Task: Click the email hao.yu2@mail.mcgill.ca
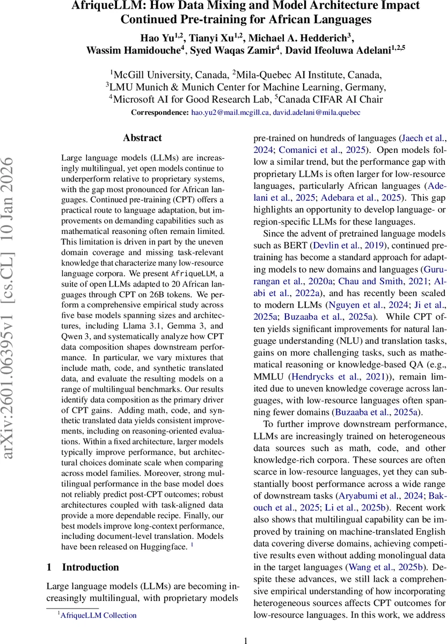click(229, 113)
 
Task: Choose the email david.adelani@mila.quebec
click(316, 113)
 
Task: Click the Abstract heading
click(142, 138)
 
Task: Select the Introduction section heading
click(90, 567)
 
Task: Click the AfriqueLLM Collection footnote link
click(98, 616)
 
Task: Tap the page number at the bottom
click(245, 640)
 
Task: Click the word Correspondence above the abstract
click(160, 113)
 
